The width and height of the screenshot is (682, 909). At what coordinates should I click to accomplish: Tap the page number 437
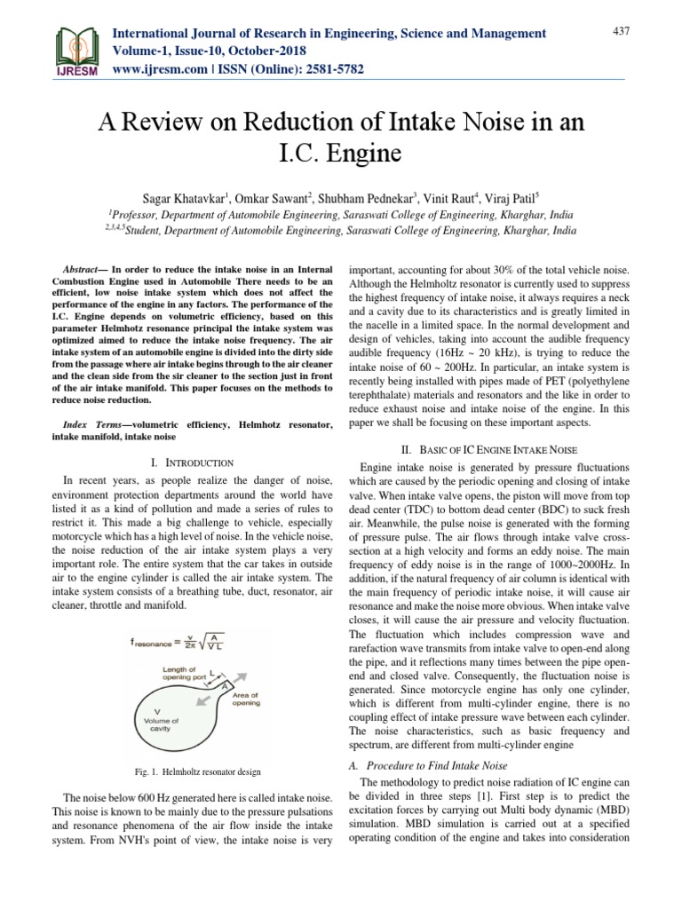coord(621,31)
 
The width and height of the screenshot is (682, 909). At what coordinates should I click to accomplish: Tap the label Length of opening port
coord(188,674)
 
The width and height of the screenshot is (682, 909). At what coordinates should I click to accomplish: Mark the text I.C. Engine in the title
coord(340,155)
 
